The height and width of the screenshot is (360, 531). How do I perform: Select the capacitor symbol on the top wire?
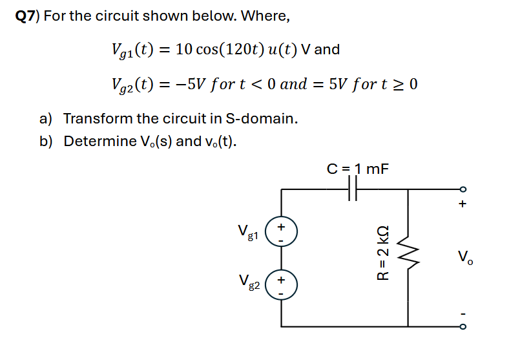pos(352,189)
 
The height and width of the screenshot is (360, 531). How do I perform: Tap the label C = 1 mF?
pos(358,169)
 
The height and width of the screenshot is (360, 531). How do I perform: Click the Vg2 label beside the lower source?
pos(247,284)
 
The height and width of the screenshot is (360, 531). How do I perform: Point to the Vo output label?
pos(464,256)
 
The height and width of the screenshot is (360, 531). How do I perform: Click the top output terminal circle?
pos(461,189)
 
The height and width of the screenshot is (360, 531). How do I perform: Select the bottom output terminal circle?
pos(461,326)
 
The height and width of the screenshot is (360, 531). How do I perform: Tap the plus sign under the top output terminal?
pos(462,204)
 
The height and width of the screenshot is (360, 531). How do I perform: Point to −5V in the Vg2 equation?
pos(182,84)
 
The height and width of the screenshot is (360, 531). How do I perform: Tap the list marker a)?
pos(46,119)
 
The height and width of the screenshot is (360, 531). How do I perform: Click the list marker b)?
pos(46,141)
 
